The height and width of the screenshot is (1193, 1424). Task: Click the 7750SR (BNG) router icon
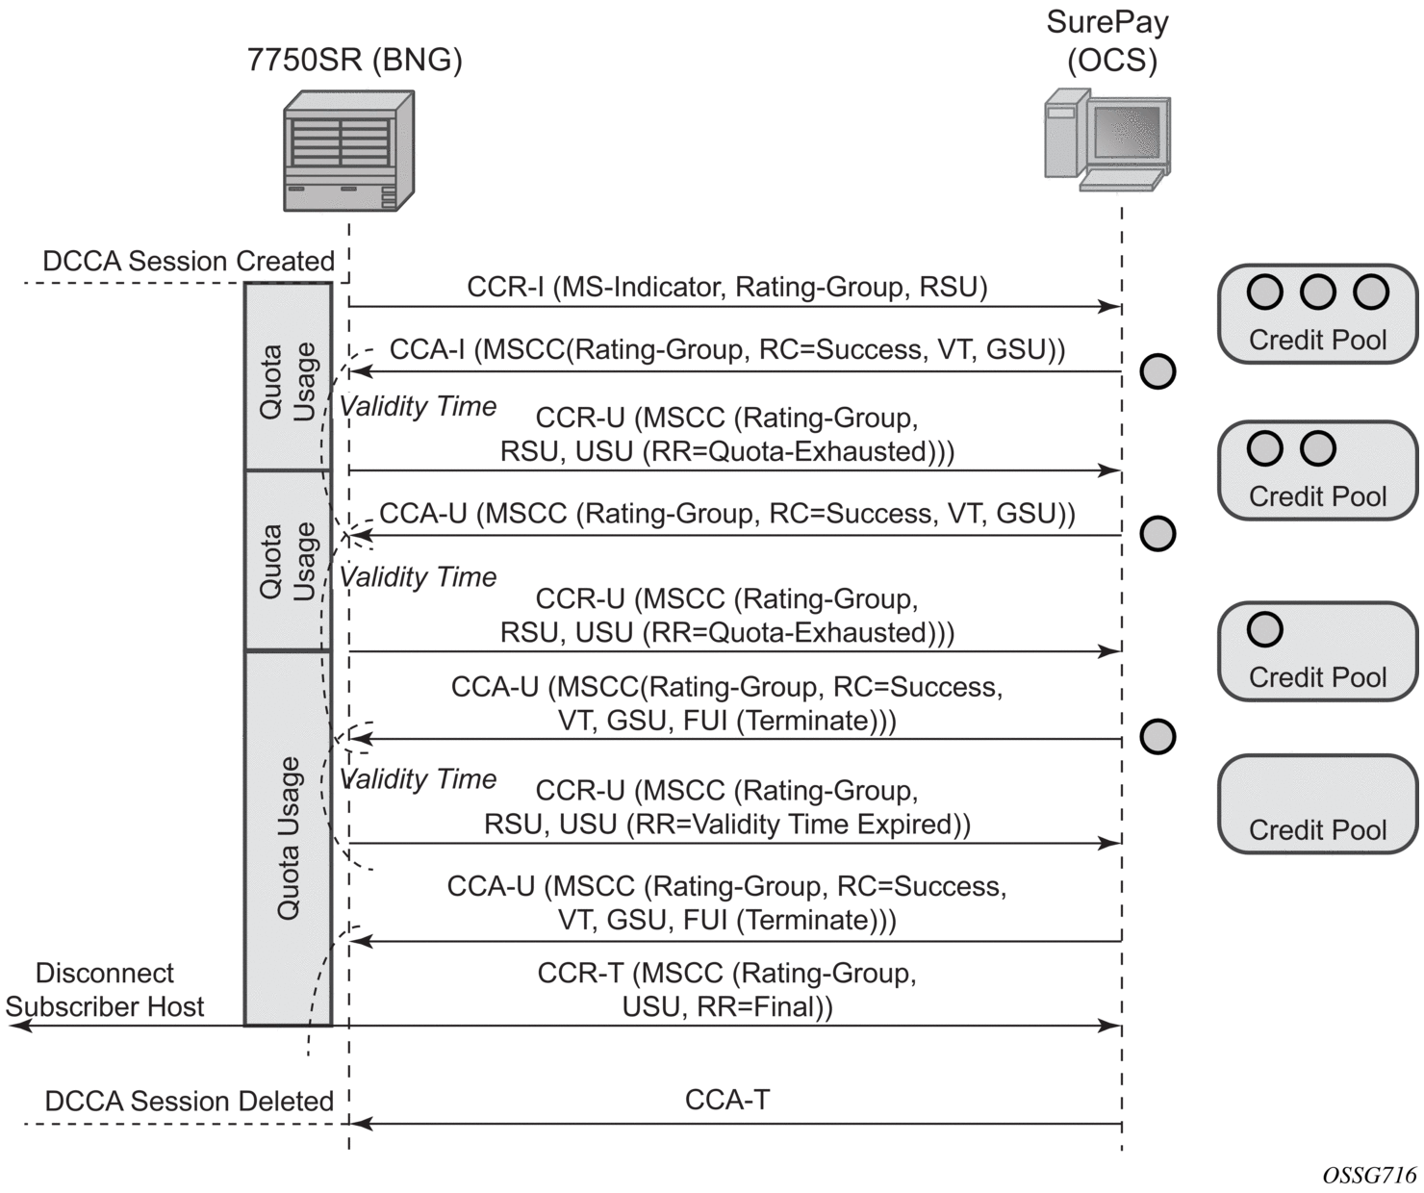[x=348, y=151]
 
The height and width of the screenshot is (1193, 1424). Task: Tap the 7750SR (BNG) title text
[x=354, y=61]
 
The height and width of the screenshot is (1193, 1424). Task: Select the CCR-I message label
[x=726, y=287]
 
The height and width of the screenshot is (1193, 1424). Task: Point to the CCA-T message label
[x=726, y=1100]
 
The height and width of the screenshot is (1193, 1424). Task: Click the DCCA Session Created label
[x=189, y=262]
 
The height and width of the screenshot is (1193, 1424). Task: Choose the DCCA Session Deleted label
[x=189, y=1101]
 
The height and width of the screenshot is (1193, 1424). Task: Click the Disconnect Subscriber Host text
[x=105, y=990]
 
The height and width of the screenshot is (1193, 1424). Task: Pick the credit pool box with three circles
[x=1317, y=315]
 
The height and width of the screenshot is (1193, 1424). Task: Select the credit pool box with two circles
[x=1317, y=470]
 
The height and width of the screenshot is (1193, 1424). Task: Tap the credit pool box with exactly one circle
[x=1317, y=651]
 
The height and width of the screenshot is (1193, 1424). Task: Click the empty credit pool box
[x=1317, y=804]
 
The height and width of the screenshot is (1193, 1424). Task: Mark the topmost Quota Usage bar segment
[x=288, y=376]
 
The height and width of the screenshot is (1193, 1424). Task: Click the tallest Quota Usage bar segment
[x=288, y=838]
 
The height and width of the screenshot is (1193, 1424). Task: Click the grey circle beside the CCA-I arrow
[x=1157, y=371]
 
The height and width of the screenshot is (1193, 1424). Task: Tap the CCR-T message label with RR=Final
[x=726, y=990]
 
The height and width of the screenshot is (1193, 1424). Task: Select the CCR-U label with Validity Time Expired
[x=726, y=807]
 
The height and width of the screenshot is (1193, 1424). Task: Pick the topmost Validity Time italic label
[x=419, y=407]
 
